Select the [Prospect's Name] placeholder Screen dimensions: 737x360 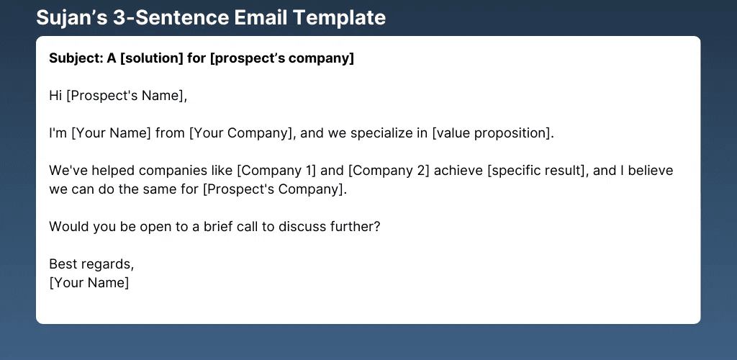tap(126, 96)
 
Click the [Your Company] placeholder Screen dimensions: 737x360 tap(242, 133)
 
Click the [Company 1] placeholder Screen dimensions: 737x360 tap(276, 170)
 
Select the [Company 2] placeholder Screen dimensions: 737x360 tap(389, 170)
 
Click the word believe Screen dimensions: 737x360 tap(651, 170)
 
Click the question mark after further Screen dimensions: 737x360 tap(376, 227)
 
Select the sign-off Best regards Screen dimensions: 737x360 tap(91, 264)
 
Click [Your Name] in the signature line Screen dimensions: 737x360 tap(89, 283)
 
